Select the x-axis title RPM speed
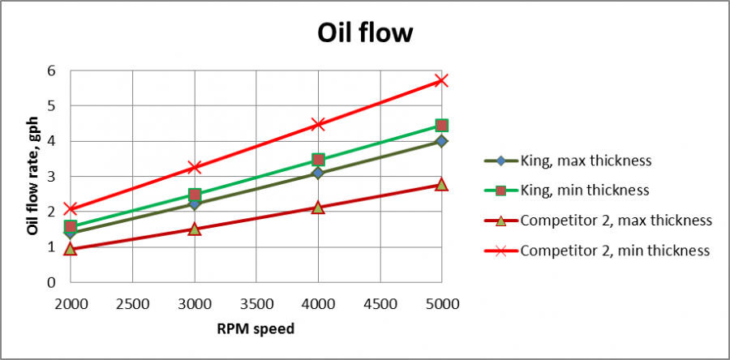click(x=255, y=329)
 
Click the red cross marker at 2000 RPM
click(x=71, y=209)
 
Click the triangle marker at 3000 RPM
click(x=195, y=229)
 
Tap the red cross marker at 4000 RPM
click(x=318, y=124)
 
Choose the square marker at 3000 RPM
click(x=195, y=195)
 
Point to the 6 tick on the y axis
click(x=51, y=71)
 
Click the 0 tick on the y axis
click(x=51, y=283)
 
